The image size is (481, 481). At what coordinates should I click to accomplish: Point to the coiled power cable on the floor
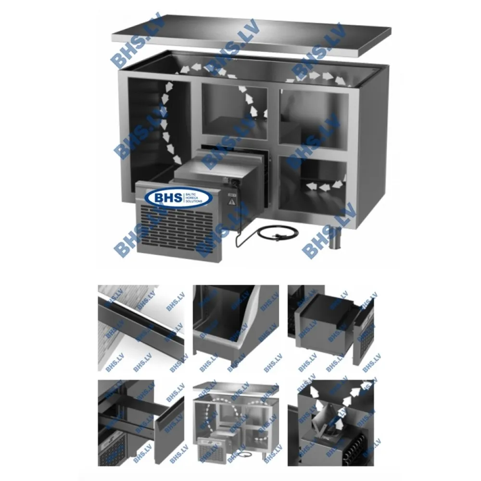[x=269, y=234]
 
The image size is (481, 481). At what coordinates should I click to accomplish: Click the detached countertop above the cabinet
[x=250, y=36]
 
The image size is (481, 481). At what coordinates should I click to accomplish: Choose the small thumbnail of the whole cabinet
[x=236, y=423]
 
